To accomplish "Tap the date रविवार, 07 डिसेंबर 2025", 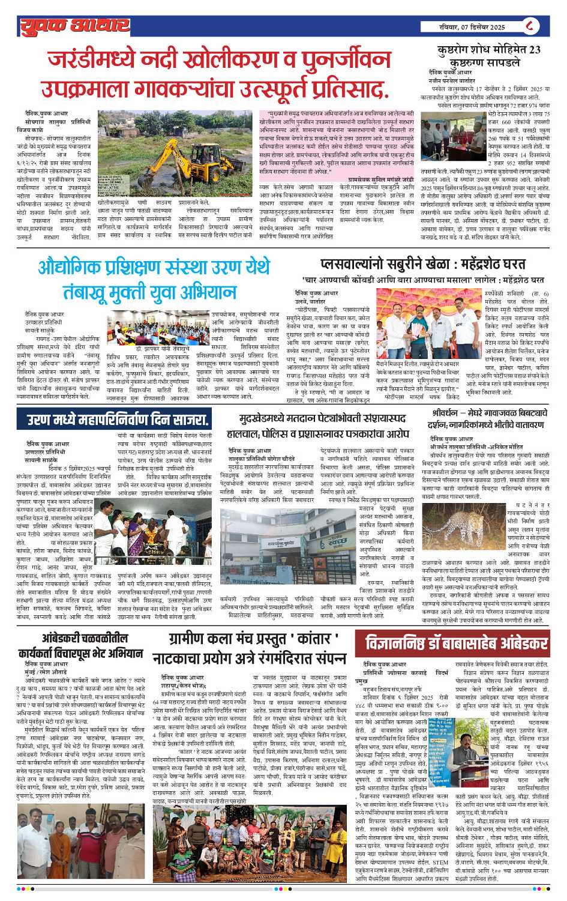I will (472, 27).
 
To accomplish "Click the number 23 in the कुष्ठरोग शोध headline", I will (534, 50).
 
